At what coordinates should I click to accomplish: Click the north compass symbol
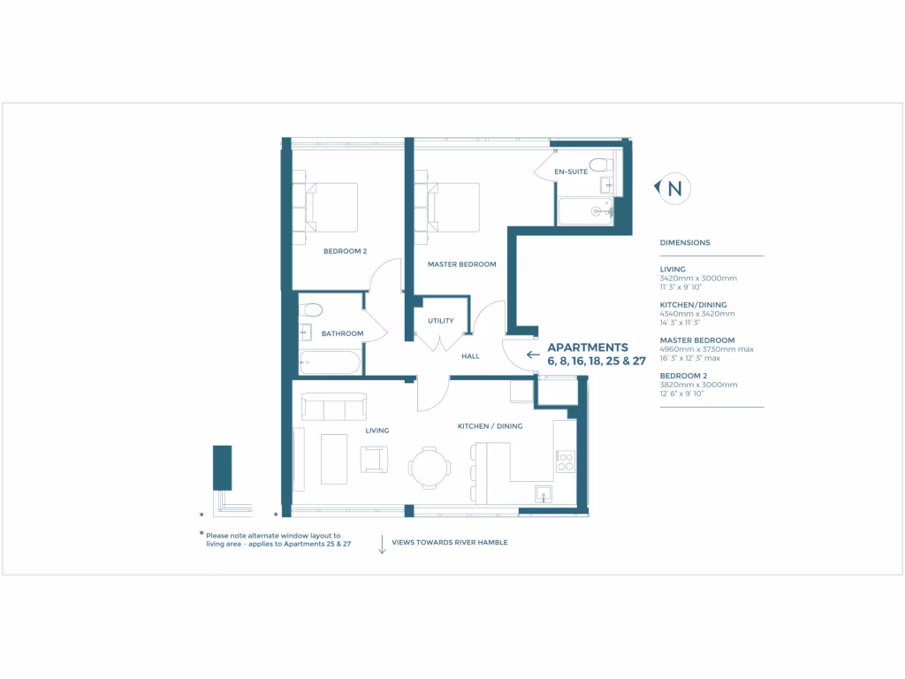tap(673, 188)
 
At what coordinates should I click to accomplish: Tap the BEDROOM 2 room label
tap(345, 251)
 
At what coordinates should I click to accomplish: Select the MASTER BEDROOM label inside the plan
tap(461, 264)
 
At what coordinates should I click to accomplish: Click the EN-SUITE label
tap(570, 172)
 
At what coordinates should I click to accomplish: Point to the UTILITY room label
tap(440, 321)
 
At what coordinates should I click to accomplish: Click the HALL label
tap(470, 356)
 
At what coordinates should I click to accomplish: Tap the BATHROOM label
tap(342, 333)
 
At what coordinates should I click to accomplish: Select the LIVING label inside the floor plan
tap(377, 431)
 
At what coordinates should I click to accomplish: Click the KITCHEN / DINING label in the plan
tap(490, 426)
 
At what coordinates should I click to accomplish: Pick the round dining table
tap(429, 467)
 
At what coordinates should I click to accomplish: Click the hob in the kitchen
tap(564, 461)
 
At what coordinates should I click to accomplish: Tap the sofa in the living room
tap(334, 408)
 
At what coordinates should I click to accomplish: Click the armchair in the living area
tap(373, 459)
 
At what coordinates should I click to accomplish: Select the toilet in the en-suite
tap(600, 164)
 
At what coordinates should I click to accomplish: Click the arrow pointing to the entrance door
tap(533, 355)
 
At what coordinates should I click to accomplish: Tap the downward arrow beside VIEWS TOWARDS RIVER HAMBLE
tap(382, 544)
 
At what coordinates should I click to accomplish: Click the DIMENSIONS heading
tap(685, 242)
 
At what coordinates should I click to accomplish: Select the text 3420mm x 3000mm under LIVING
tap(698, 278)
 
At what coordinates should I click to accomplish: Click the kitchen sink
tap(544, 493)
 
